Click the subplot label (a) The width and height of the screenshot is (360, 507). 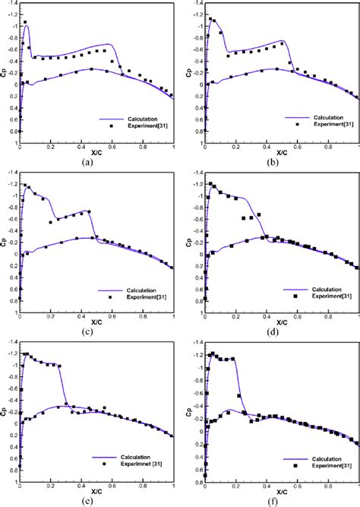click(96, 161)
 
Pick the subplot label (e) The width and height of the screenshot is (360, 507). click(96, 500)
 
